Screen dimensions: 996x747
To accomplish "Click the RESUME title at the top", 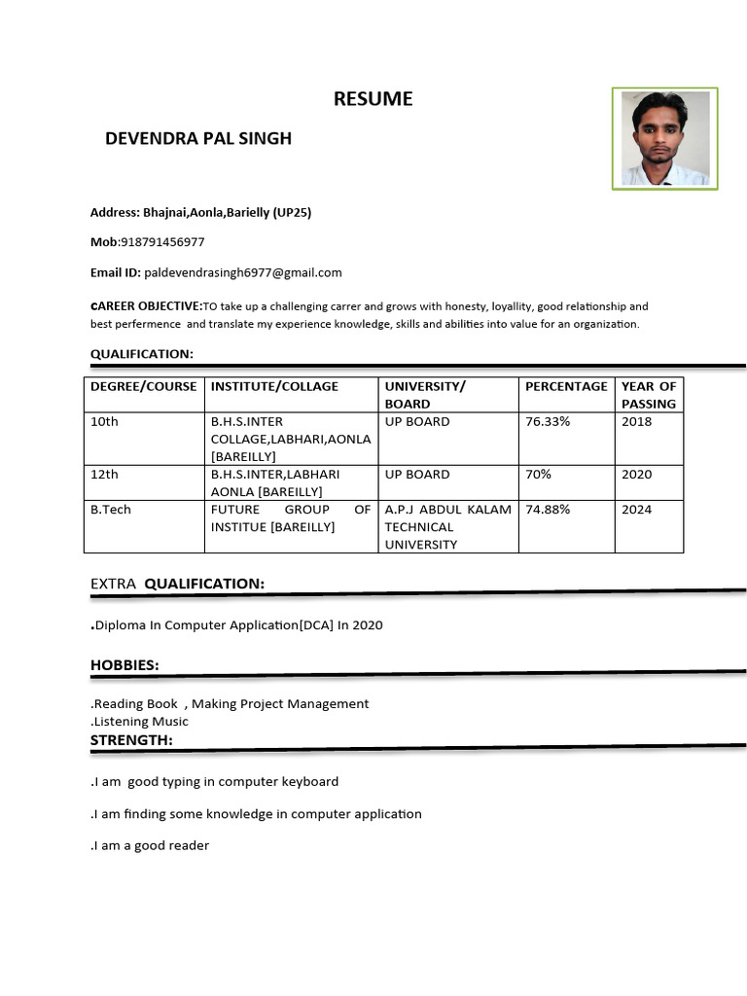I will tap(373, 98).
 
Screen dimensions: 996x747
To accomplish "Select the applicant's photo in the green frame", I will tap(664, 138).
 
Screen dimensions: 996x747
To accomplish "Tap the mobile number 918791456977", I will tap(162, 242).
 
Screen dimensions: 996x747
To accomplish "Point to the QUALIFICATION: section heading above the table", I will tap(142, 353).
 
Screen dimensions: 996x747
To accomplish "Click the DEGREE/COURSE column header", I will tap(144, 386).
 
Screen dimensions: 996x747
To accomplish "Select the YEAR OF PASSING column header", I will tap(649, 395).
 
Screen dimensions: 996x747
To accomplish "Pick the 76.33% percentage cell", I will tap(548, 421).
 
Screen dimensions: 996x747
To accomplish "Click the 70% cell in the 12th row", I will tap(538, 474).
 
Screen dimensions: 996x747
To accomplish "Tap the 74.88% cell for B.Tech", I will tap(548, 509).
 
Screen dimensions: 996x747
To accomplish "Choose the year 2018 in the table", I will tap(636, 421).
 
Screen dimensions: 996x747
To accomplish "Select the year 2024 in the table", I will tap(636, 509).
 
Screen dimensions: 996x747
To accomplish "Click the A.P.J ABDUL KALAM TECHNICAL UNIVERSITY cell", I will tap(447, 527).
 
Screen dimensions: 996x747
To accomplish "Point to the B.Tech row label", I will tap(109, 509).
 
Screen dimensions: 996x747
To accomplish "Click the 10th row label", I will tap(104, 421).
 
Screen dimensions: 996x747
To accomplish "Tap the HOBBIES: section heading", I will tap(124, 664).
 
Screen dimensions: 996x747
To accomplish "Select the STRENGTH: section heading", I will tap(131, 740).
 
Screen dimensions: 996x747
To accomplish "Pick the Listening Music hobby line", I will tap(140, 721).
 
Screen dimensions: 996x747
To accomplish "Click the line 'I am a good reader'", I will tap(151, 845).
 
